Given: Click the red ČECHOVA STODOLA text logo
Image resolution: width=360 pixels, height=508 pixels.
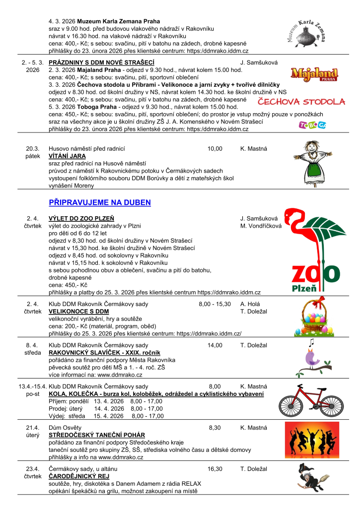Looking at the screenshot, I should pyautogui.click(x=301, y=102).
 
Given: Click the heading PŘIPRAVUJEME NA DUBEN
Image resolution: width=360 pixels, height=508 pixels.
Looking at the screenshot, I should pyautogui.click(x=100, y=202).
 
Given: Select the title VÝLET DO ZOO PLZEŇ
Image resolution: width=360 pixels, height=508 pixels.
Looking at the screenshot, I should pyautogui.click(x=81, y=218).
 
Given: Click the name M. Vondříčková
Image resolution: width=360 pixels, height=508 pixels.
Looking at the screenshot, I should pyautogui.click(x=261, y=226).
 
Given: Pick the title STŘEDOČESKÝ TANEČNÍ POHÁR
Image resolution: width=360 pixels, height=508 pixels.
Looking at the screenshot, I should pyautogui.click(x=97, y=435).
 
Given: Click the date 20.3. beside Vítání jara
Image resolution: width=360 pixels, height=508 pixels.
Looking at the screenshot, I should pyautogui.click(x=33, y=148).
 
